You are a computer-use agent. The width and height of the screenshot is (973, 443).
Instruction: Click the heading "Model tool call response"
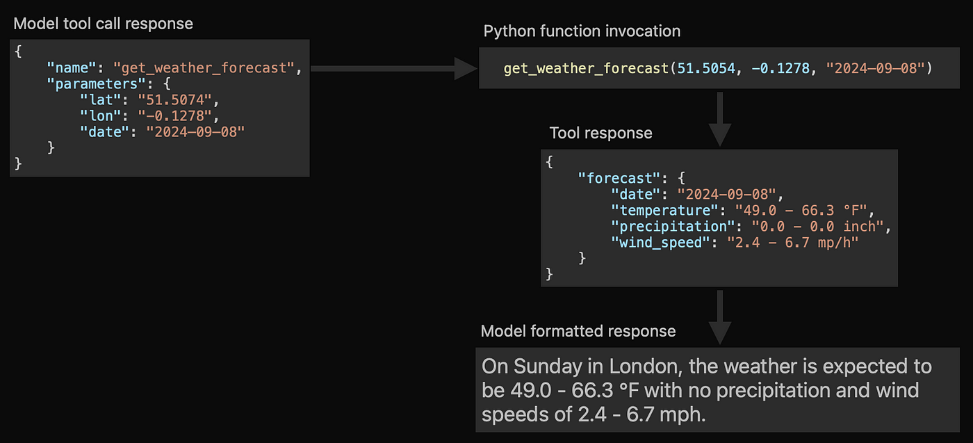tap(103, 24)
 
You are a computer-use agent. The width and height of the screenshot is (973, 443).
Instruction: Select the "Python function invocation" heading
tap(582, 31)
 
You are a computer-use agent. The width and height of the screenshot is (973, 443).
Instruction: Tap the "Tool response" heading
tap(600, 133)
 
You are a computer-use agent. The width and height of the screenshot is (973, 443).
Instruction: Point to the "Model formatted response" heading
tap(578, 331)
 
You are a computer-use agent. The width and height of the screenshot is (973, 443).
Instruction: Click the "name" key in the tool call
tap(71, 68)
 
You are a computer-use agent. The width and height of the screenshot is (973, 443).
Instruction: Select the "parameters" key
tap(96, 84)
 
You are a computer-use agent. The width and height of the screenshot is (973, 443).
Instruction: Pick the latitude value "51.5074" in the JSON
tap(175, 100)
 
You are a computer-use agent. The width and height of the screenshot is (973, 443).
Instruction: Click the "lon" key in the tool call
tap(100, 116)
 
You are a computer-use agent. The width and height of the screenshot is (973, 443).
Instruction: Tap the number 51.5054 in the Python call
tap(706, 68)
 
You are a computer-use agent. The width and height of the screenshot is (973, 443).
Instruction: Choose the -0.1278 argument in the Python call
tap(780, 68)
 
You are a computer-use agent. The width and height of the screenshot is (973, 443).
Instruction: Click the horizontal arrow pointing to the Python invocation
tap(394, 68)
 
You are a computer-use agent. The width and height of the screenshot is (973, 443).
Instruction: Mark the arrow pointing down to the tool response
tap(720, 119)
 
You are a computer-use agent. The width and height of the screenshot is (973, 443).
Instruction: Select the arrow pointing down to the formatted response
tap(720, 317)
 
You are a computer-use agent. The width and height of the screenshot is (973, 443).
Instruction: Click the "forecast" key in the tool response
tap(619, 178)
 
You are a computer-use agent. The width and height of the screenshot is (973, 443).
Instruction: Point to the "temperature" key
tap(664, 211)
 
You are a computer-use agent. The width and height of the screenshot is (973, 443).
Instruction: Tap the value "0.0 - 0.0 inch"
tap(817, 227)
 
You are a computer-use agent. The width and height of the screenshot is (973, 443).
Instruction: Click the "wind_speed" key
tap(660, 243)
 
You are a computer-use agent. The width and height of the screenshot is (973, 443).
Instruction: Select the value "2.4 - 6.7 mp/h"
tap(793, 243)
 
